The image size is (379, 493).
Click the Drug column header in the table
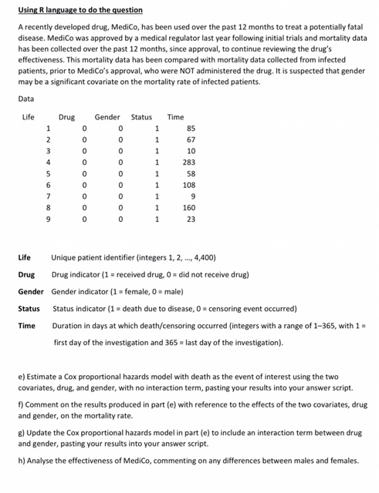click(67, 117)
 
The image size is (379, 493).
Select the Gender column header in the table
click(107, 117)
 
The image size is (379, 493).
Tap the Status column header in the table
click(141, 117)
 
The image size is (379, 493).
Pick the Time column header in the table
click(176, 117)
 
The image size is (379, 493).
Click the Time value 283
click(190, 163)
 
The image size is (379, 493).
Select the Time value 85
click(191, 128)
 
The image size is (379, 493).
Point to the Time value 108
click(190, 185)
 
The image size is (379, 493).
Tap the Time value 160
click(190, 207)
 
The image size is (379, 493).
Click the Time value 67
click(191, 139)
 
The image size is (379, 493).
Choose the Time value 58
click(191, 173)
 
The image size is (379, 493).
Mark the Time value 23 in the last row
click(191, 219)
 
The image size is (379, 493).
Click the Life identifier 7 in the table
click(48, 196)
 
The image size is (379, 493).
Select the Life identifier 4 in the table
click(48, 163)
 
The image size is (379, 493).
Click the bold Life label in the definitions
click(27, 257)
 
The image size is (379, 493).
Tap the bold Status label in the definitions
click(29, 308)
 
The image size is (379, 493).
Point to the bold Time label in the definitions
click(27, 326)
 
